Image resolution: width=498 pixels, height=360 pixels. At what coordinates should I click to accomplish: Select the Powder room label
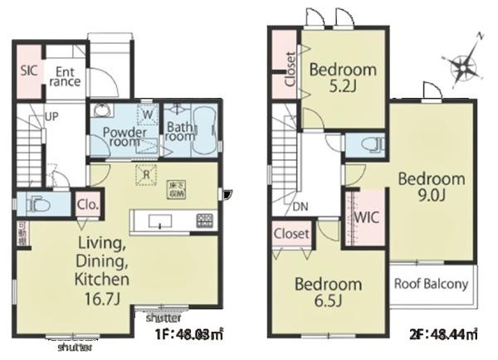click(125, 136)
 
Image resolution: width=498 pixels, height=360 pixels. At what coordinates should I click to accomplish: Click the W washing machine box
click(146, 114)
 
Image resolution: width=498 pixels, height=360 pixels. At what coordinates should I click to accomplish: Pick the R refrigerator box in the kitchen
click(146, 174)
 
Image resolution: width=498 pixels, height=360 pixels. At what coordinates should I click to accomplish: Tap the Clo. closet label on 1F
click(87, 204)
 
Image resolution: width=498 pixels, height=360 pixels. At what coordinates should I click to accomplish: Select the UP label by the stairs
click(51, 117)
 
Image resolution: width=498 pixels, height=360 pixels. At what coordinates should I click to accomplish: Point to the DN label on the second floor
click(300, 207)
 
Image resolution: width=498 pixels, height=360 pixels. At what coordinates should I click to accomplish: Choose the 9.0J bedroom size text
click(429, 197)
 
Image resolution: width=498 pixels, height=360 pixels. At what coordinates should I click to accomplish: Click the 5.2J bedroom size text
click(343, 87)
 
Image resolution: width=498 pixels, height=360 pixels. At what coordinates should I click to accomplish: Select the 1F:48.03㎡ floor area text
click(189, 336)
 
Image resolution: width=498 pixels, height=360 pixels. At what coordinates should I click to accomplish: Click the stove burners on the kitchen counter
click(203, 221)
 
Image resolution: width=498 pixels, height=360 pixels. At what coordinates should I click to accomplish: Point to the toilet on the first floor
click(37, 203)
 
